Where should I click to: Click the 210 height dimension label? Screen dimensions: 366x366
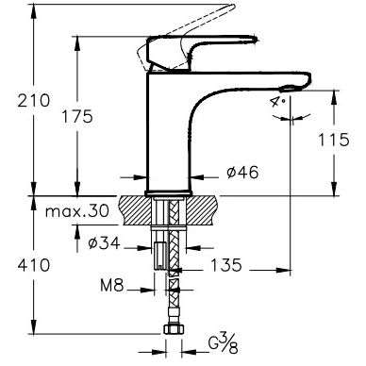[x=34, y=101]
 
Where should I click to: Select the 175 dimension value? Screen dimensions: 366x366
[x=77, y=116]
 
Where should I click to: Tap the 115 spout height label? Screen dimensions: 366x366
[x=334, y=140]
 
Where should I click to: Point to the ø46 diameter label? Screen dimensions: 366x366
[x=242, y=172]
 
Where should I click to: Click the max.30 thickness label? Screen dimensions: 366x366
[x=77, y=211]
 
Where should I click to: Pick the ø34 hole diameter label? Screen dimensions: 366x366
[x=104, y=242]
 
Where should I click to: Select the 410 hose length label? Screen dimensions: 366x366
[x=34, y=265]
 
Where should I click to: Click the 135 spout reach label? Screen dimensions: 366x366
[x=226, y=265]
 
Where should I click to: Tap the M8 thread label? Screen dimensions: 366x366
[x=112, y=286]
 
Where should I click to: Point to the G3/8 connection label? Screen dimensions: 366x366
[x=224, y=343]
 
